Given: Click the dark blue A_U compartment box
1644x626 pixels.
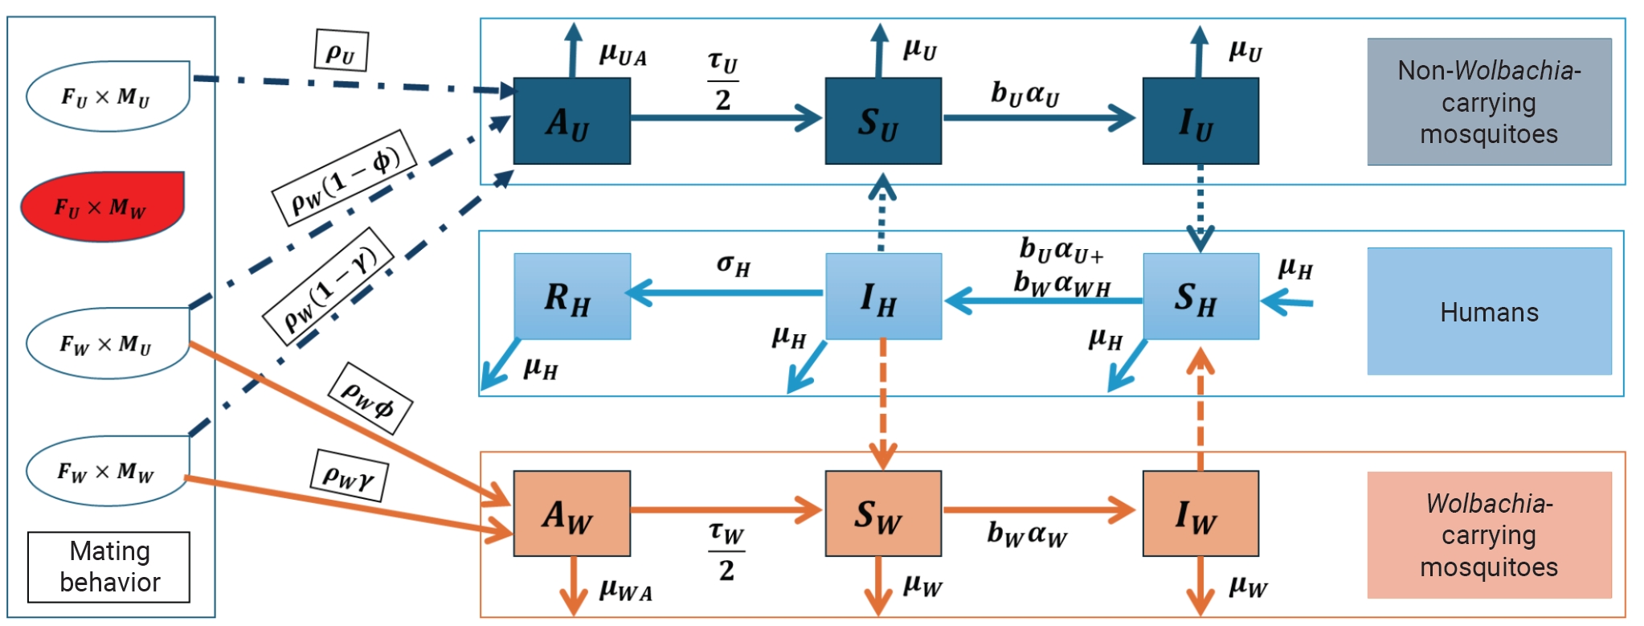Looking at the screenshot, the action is pyautogui.click(x=571, y=121).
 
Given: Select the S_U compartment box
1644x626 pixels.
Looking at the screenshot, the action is pyautogui.click(x=883, y=121).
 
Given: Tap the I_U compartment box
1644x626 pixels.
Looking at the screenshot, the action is pyautogui.click(x=1200, y=121).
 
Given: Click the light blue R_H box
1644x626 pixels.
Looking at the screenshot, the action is pyautogui.click(x=572, y=297).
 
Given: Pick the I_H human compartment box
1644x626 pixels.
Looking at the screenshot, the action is pyautogui.click(x=884, y=297).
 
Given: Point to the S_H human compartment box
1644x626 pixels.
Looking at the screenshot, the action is pyautogui.click(x=1200, y=297).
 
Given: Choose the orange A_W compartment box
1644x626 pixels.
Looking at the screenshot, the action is pyautogui.click(x=571, y=513).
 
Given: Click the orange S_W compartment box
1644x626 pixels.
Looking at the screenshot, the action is pyautogui.click(x=883, y=513).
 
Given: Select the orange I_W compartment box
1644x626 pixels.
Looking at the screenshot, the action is pyautogui.click(x=1200, y=513).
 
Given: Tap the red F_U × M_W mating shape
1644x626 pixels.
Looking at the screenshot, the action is pyautogui.click(x=102, y=207).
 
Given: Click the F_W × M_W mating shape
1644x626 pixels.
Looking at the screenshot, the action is pyautogui.click(x=107, y=471).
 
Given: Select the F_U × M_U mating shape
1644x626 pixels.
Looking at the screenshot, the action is pyautogui.click(x=108, y=96).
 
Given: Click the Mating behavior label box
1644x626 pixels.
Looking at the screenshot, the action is pyautogui.click(x=109, y=567).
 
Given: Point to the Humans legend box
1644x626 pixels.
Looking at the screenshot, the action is pyautogui.click(x=1490, y=311).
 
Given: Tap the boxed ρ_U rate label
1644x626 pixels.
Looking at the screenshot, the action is pyautogui.click(x=341, y=51).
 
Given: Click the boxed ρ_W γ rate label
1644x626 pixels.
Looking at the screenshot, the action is pyautogui.click(x=350, y=476).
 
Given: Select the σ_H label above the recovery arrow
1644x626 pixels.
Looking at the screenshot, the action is pyautogui.click(x=734, y=265).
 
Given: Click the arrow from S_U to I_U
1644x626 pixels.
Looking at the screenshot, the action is pyautogui.click(x=1039, y=118).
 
